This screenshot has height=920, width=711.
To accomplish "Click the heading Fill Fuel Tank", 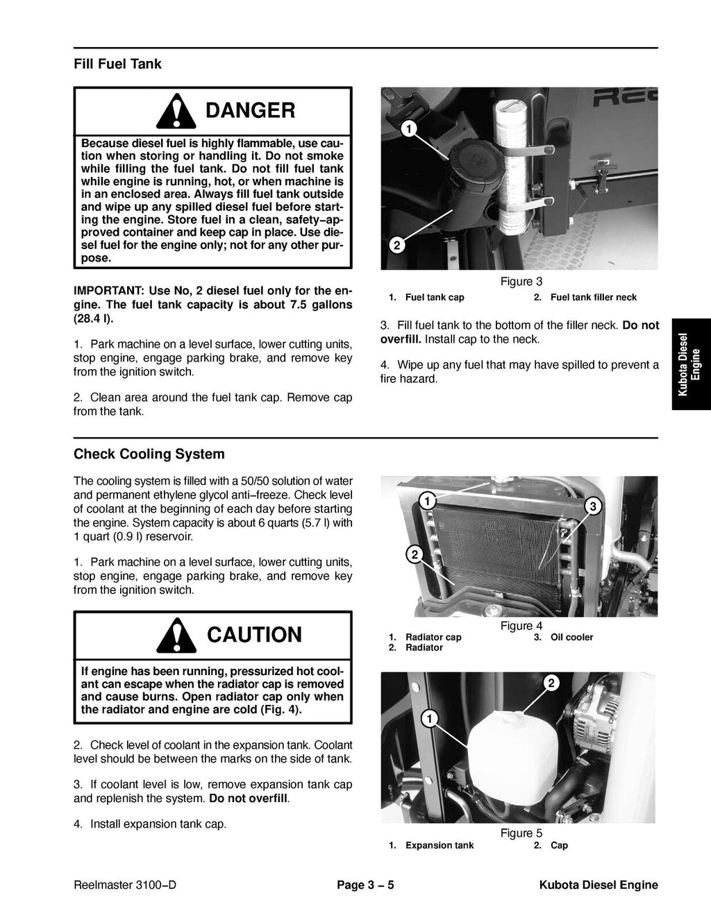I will (x=117, y=65).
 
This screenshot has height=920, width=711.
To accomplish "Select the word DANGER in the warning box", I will (x=250, y=110).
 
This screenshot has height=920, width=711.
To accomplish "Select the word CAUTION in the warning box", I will (x=254, y=635).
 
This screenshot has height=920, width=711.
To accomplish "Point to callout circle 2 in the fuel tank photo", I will (x=395, y=245).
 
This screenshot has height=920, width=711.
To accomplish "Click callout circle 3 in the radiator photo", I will (x=592, y=507).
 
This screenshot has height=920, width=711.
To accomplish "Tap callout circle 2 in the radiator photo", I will (x=413, y=553).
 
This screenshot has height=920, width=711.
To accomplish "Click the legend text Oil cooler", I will (x=571, y=637).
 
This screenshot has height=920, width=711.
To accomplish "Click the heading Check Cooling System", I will (x=149, y=454).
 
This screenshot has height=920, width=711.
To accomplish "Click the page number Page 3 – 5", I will (x=365, y=885).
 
